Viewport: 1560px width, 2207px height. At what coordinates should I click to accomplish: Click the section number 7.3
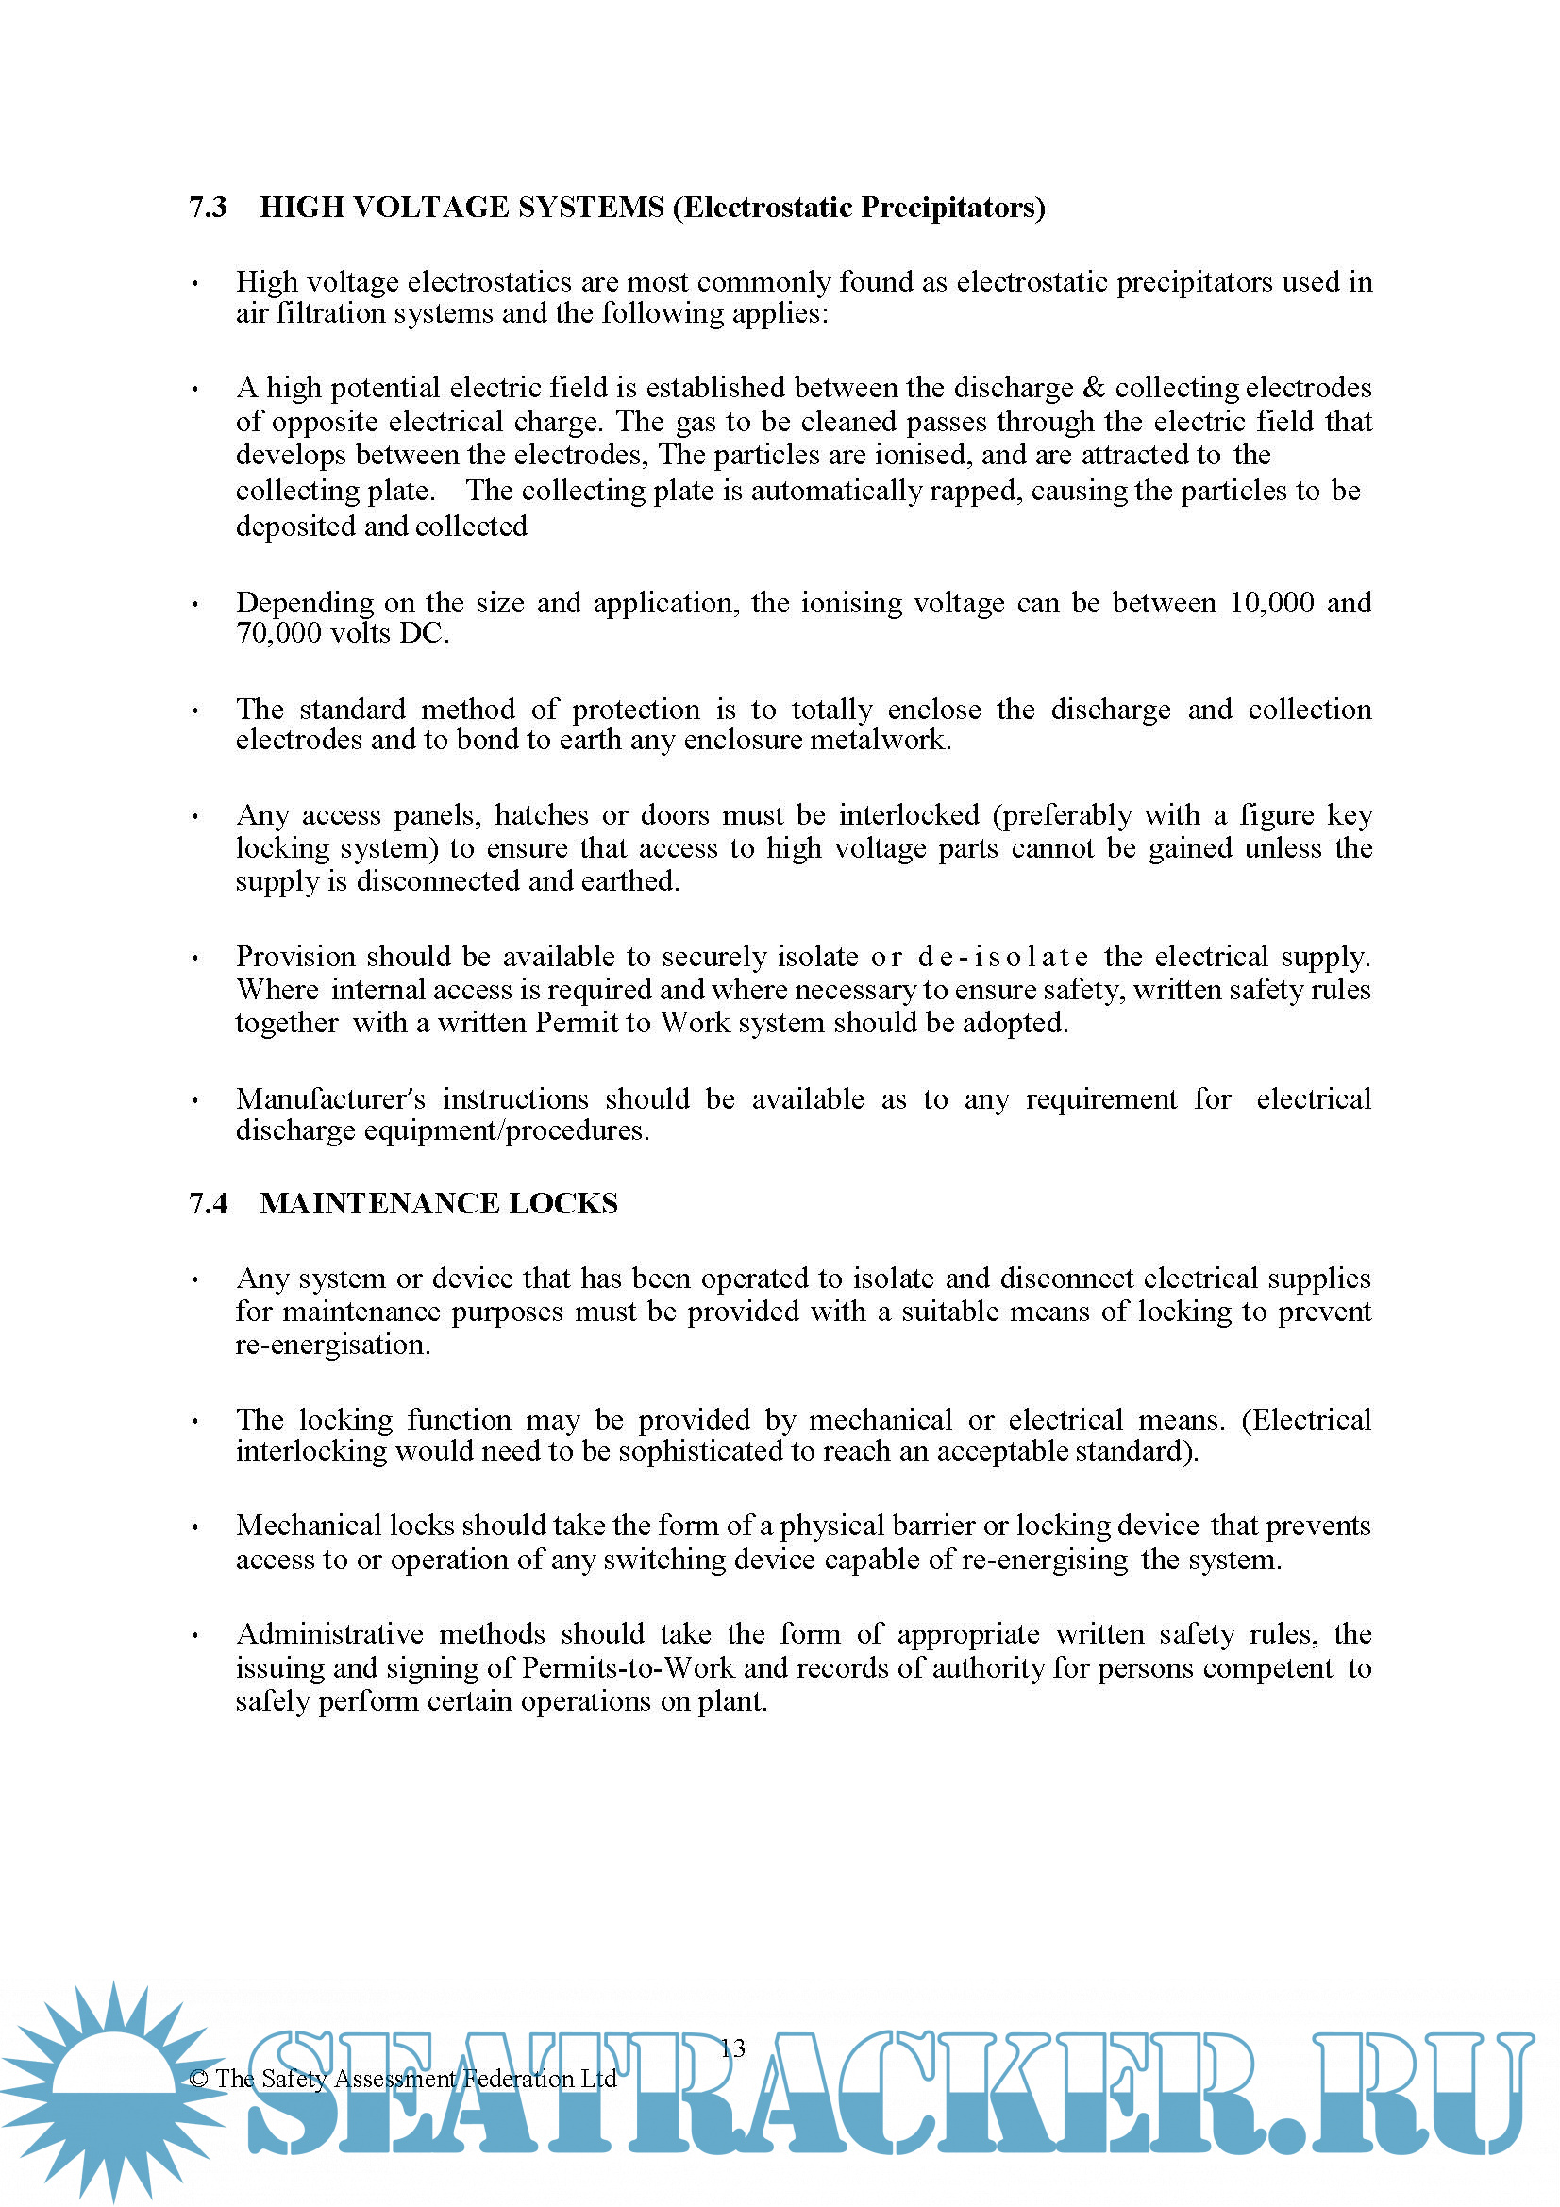(x=208, y=208)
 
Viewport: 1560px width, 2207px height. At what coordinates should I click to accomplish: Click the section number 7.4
(x=208, y=1203)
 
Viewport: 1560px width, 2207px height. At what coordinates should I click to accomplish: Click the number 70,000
(x=278, y=633)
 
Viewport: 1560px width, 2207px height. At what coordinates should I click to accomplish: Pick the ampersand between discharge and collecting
(x=1094, y=388)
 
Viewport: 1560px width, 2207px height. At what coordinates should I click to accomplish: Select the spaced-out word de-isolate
(x=1003, y=958)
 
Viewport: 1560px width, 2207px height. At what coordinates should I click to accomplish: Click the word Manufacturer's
(x=330, y=1098)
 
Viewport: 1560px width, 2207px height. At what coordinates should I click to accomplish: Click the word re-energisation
(x=332, y=1345)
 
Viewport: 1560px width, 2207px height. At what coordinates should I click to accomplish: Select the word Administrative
(x=329, y=1634)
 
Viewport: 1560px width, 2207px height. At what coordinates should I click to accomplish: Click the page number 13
(x=732, y=2048)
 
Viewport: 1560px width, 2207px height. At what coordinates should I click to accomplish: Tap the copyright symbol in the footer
(x=198, y=2080)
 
